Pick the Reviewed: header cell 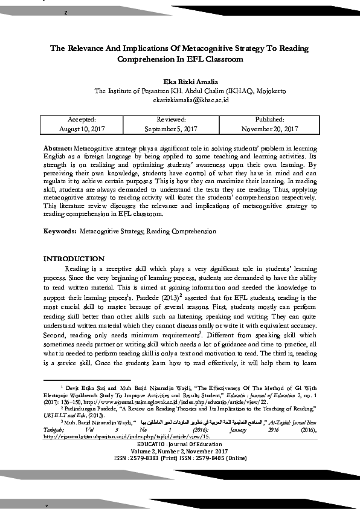(171, 120)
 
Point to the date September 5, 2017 (171, 129)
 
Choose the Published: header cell (269, 120)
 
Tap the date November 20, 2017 (269, 129)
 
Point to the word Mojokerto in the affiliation (271, 91)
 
